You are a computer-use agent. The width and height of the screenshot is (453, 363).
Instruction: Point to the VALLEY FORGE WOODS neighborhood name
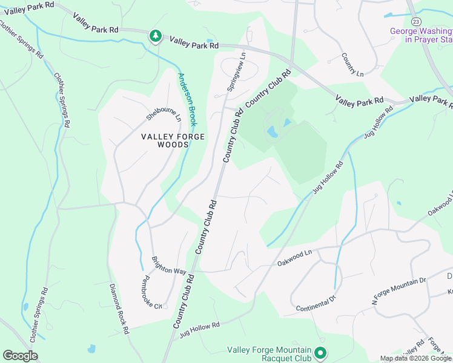[173, 140]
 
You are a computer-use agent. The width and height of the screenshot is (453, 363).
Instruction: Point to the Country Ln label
[352, 65]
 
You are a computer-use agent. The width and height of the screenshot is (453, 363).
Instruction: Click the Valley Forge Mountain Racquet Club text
[269, 354]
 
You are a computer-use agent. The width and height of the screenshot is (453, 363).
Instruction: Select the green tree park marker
[156, 37]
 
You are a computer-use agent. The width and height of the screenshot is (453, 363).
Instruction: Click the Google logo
[20, 356]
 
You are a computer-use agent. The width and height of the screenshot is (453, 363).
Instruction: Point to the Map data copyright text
[415, 358]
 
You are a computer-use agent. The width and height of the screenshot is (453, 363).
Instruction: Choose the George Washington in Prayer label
[421, 35]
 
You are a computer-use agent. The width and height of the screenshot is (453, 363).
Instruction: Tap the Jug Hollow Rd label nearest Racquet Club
[199, 329]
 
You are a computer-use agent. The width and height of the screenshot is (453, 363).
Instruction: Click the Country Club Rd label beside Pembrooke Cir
[183, 301]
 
